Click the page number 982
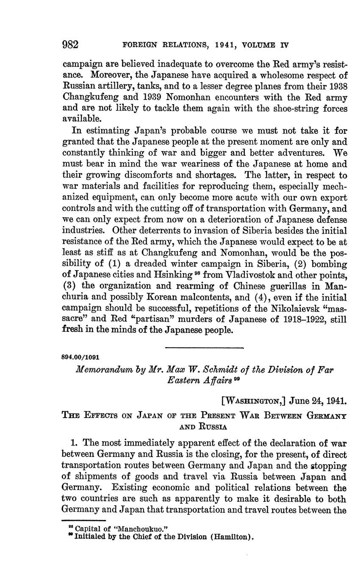[71, 44]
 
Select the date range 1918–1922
[303, 320]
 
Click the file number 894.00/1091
[80, 357]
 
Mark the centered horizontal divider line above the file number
[204, 348]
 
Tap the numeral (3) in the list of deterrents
[69, 287]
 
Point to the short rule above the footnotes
[83, 520]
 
